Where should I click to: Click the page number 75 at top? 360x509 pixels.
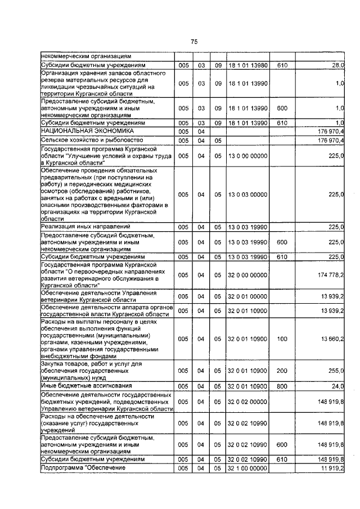[194, 42]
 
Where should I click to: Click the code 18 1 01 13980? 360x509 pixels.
[248, 66]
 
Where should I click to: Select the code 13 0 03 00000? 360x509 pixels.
[248, 194]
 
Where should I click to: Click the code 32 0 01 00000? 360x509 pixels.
[248, 295]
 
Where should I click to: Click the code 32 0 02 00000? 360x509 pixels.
[248, 402]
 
